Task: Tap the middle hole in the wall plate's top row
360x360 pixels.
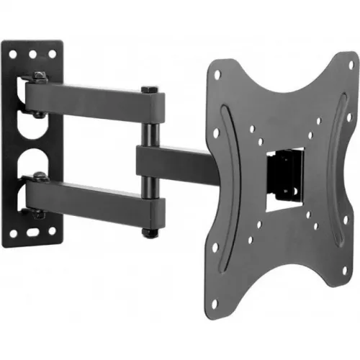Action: pos(32,53)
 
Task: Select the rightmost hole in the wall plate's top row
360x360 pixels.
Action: pos(51,53)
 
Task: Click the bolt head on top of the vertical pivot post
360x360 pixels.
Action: pos(149,89)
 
